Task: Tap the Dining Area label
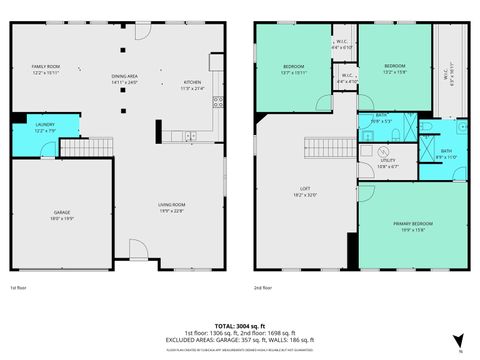(126, 80)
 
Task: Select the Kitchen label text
(192, 85)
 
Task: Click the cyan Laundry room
(32, 137)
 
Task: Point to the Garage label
(61, 214)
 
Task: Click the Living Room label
(172, 208)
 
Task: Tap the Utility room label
(387, 163)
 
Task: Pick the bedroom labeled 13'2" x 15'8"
(393, 69)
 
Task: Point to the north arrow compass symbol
(457, 340)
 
